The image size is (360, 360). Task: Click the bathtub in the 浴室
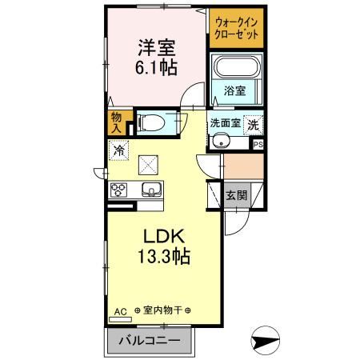[x=236, y=70]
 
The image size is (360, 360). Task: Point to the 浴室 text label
[x=235, y=91]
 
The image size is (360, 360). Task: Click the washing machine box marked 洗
[x=253, y=125]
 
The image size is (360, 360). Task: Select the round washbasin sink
[x=222, y=142]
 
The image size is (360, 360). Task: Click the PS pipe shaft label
[x=258, y=145]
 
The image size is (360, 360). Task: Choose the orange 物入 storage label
[x=116, y=122]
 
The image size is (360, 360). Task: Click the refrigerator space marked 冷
[x=119, y=149]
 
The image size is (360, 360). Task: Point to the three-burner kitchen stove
[x=119, y=190]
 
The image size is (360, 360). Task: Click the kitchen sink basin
[x=151, y=190]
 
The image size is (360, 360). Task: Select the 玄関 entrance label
[x=236, y=195]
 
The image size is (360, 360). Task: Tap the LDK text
[x=164, y=237]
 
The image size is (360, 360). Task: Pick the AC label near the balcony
[x=121, y=310]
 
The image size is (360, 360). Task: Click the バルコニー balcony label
[x=150, y=342]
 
